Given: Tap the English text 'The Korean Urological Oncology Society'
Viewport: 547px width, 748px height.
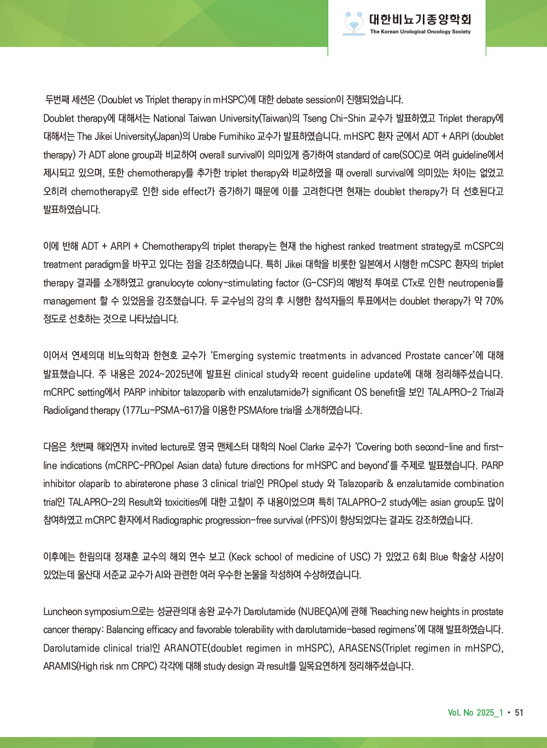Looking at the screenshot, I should pyautogui.click(x=420, y=32).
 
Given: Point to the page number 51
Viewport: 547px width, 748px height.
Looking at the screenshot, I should pyautogui.click(x=519, y=712).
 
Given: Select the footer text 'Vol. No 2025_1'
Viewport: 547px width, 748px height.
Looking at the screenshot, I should pyautogui.click(x=475, y=712).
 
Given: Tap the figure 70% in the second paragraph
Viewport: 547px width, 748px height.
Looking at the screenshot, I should pyautogui.click(x=494, y=301).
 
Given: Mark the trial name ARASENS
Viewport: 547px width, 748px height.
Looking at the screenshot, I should pyautogui.click(x=359, y=648).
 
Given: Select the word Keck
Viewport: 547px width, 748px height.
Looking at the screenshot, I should pyautogui.click(x=241, y=557).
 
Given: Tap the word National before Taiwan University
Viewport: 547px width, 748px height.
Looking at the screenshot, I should pyautogui.click(x=170, y=118).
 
